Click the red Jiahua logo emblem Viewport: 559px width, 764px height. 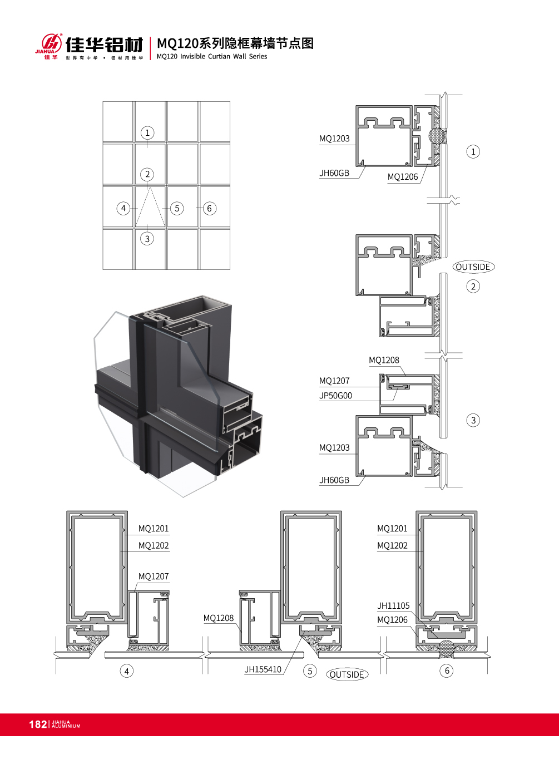click(x=52, y=43)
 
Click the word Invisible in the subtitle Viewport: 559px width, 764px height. click(x=192, y=56)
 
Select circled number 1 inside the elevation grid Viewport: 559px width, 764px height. click(x=147, y=132)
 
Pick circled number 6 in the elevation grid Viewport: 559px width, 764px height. click(x=209, y=208)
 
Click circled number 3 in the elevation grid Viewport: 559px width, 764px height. click(x=147, y=238)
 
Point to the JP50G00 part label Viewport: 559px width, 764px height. click(x=335, y=396)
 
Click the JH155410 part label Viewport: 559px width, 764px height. click(x=263, y=669)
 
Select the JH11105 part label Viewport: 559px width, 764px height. click(x=393, y=605)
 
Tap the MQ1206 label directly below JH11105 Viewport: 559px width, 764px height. click(x=392, y=620)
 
